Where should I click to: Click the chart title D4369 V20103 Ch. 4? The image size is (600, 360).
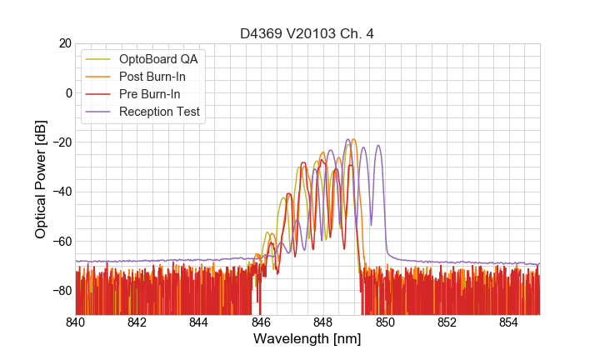click(307, 33)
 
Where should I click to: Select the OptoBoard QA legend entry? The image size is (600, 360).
click(157, 59)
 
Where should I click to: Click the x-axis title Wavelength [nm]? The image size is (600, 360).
click(307, 339)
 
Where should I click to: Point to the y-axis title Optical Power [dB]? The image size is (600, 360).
click(41, 179)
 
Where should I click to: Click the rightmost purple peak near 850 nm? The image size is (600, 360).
click(378, 146)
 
